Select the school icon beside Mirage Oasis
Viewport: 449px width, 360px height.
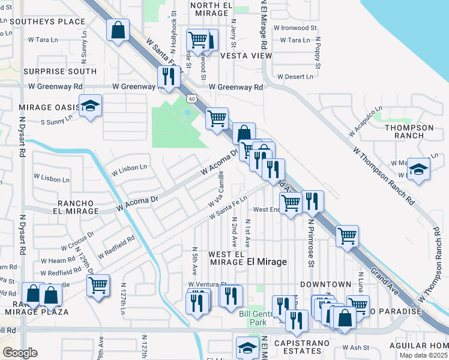pos(90,107)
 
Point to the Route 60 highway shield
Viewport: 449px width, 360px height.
pos(190,97)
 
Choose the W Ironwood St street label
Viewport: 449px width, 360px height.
pos(295,28)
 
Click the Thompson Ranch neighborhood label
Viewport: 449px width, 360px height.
pos(409,132)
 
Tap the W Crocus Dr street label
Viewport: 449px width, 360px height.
pos(77,241)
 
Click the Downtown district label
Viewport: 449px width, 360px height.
pos(325,284)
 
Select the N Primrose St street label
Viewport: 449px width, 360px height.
pos(311,242)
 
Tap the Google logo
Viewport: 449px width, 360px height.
pos(20,353)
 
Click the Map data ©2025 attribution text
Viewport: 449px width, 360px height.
pos(423,355)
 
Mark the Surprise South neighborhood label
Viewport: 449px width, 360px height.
pos(60,71)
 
